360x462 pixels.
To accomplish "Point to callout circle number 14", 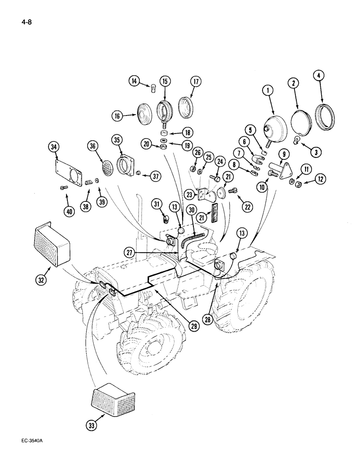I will [134, 82].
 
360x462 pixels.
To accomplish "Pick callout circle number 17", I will [196, 82].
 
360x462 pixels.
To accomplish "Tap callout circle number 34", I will [54, 148].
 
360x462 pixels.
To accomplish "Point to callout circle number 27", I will [130, 252].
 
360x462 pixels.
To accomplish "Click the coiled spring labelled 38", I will [86, 184].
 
